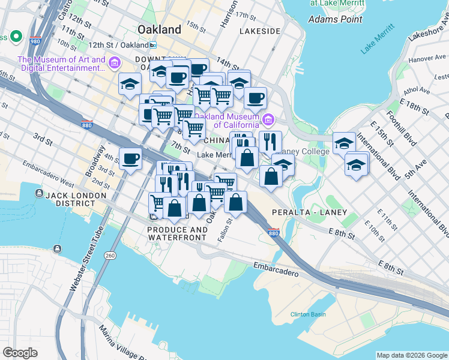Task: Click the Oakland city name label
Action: (159, 29)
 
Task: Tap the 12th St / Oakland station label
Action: (118, 45)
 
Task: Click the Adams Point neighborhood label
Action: (335, 19)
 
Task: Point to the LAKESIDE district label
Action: (259, 31)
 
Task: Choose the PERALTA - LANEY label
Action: (309, 212)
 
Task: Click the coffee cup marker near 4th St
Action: (130, 159)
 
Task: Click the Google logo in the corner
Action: (20, 353)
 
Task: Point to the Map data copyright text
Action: (412, 355)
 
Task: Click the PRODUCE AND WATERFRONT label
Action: (177, 233)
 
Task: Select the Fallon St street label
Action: (229, 228)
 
